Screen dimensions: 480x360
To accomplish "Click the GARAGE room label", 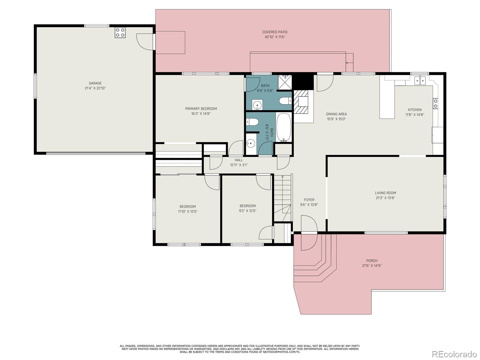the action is pos(95,83).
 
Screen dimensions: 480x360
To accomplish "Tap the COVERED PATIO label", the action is pos(275,32).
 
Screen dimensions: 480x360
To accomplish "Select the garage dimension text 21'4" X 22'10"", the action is pos(95,88).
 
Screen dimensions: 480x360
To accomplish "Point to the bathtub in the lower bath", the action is pos(284,127).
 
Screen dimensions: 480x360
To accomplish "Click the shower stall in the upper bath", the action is pos(285,82).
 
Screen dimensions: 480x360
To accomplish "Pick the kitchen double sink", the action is pos(420,81).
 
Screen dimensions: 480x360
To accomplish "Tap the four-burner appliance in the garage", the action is pos(120,33).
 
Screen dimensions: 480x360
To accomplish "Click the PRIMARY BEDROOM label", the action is pos(201,109).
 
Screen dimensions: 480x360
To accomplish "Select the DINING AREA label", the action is pos(336,114).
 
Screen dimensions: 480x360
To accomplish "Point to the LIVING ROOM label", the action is pos(385,193).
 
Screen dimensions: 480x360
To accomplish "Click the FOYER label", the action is pos(309,200).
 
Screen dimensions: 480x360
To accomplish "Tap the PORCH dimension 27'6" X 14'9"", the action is pos(372,266).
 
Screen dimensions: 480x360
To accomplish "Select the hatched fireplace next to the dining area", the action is pos(301,102).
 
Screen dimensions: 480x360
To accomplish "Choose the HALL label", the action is pos(238,160).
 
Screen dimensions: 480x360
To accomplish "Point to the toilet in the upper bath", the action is pos(285,101).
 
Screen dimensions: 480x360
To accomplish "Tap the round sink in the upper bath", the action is pos(257,105).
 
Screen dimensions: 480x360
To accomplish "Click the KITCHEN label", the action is pos(415,110).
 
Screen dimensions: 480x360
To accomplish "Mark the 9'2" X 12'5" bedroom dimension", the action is pos(247,211).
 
